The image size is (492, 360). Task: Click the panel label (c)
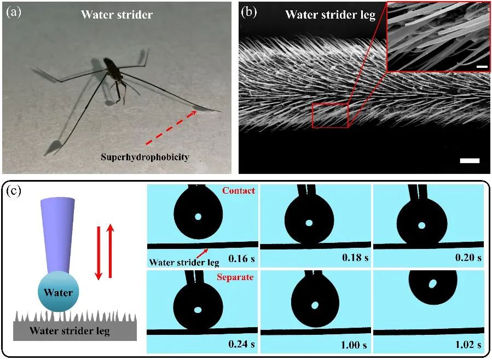pos(13,191)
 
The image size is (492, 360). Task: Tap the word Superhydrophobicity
pos(144,157)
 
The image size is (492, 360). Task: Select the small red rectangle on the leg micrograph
pos(330,115)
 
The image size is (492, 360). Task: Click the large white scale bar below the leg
pos(470,161)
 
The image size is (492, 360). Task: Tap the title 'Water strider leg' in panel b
pos(330,15)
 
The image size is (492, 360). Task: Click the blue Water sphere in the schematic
pos(59,293)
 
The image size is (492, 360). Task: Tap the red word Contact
pos(238,191)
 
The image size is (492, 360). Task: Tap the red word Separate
pos(235,277)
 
